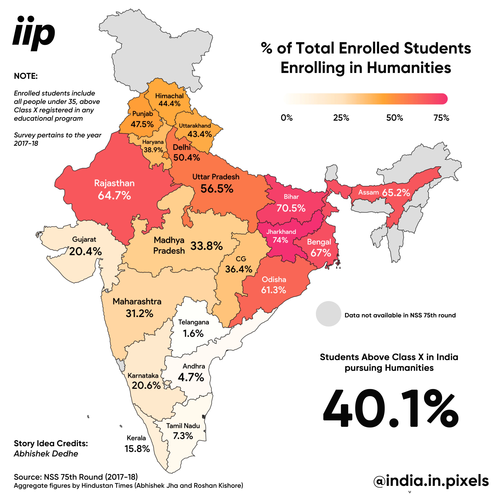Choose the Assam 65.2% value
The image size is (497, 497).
click(x=396, y=192)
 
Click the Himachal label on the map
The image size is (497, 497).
click(x=169, y=96)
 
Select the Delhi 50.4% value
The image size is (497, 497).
click(x=186, y=157)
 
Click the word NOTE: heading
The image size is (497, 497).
click(x=26, y=76)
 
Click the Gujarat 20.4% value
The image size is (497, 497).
click(x=85, y=251)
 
